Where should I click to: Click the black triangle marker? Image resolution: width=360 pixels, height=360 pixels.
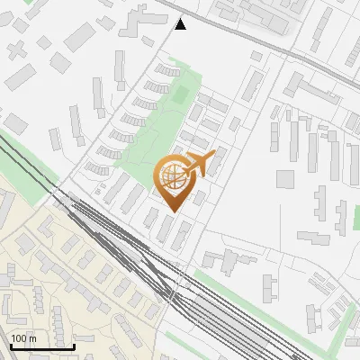pos(181,24)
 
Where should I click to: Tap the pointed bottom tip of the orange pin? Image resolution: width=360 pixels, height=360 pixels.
pos(173,211)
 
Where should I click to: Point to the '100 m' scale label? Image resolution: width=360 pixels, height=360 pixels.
pos(23,338)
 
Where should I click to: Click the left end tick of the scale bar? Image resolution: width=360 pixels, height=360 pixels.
pos(10,344)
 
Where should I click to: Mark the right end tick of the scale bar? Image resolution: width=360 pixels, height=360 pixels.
pos(74,344)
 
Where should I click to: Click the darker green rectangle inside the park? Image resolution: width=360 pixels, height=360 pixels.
pos(181,94)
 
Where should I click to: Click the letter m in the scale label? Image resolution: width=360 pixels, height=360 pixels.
pos(33,338)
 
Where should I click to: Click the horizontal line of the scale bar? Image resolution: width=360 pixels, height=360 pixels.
pos(41,346)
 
